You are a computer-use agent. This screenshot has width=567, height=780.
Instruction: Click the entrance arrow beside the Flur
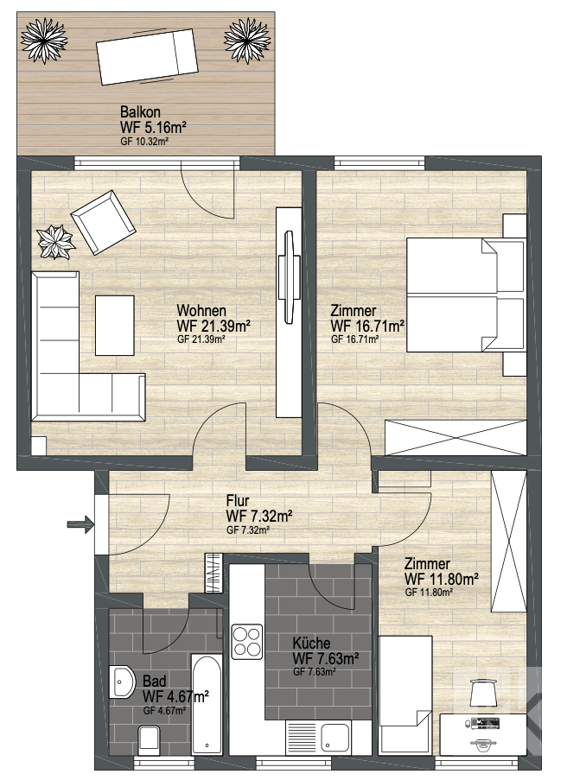(x=80, y=523)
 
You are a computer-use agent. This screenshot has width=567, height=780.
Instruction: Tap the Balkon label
(x=140, y=112)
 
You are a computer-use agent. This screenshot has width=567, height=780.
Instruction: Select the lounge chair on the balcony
(x=147, y=56)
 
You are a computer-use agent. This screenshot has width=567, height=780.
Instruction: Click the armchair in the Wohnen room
(x=103, y=222)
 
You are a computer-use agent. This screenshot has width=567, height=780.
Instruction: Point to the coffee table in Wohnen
(x=114, y=326)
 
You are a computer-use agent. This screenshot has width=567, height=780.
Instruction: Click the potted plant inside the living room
(x=57, y=242)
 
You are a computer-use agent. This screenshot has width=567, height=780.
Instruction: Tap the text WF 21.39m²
(x=213, y=327)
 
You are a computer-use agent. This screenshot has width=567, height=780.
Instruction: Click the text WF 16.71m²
(x=367, y=327)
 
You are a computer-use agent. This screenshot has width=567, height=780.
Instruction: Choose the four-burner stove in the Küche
(x=247, y=641)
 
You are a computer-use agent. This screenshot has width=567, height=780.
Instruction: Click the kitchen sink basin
(x=335, y=737)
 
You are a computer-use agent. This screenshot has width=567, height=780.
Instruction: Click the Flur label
(x=238, y=500)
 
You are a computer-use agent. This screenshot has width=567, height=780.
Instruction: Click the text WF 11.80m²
(x=442, y=580)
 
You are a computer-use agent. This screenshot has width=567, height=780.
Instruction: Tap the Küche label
(x=311, y=643)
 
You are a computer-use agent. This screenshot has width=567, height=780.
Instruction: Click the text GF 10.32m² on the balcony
(x=144, y=142)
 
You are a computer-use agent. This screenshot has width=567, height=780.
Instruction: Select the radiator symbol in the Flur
(x=213, y=573)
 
